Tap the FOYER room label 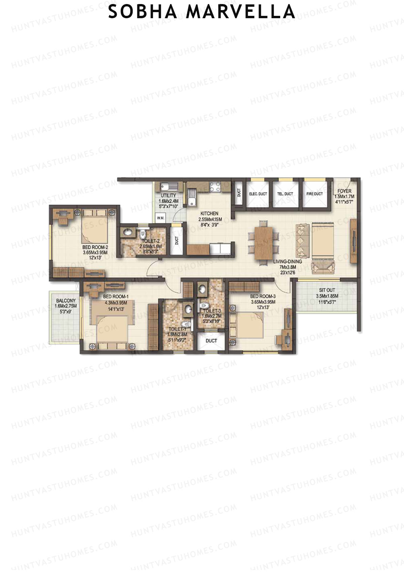point(344,191)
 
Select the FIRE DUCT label point(314,194)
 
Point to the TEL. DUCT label point(285,194)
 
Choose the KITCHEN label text point(209,213)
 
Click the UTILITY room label point(168,195)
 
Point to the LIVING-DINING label point(288,261)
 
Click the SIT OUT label point(327,290)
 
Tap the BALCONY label point(66,301)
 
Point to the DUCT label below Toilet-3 point(211,340)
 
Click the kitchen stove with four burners point(214,187)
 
